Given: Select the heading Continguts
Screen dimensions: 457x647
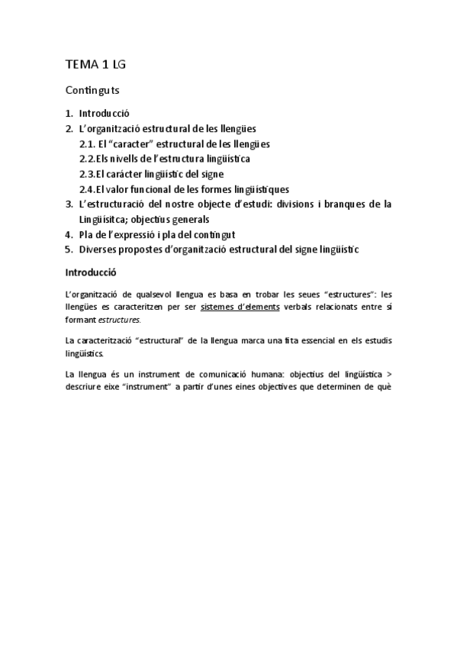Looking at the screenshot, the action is (x=92, y=90).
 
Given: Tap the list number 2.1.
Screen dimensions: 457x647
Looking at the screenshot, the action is (x=86, y=143).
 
